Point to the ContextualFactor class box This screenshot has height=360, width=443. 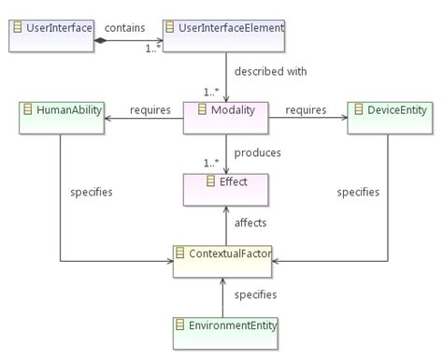[224, 259]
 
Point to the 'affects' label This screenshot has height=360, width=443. [250, 223]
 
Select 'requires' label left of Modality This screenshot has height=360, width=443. [150, 110]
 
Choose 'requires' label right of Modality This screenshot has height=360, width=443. [305, 110]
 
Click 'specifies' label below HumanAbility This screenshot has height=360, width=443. [92, 192]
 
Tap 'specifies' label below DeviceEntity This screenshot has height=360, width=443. [358, 192]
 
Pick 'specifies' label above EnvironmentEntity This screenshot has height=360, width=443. [255, 295]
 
